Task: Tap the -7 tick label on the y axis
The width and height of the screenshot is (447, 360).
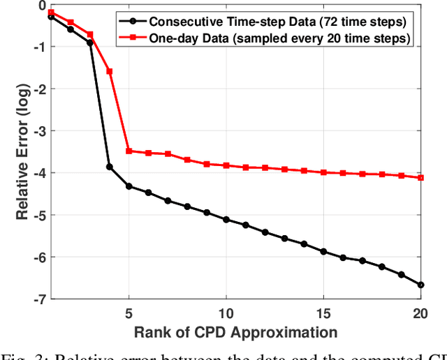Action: pos(38,299)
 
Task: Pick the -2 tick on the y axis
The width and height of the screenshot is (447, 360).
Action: pos(38,89)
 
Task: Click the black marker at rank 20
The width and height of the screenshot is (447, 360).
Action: pos(420,285)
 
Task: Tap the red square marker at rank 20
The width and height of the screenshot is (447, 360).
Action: pos(420,178)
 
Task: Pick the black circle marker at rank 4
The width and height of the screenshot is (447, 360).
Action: pos(109,167)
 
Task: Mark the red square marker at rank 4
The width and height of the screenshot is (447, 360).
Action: pos(109,71)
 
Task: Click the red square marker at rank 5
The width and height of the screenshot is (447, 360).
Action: pos(129,151)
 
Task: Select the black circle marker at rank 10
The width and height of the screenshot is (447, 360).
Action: pos(226,219)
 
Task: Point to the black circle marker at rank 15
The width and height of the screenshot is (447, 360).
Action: pos(323,251)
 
